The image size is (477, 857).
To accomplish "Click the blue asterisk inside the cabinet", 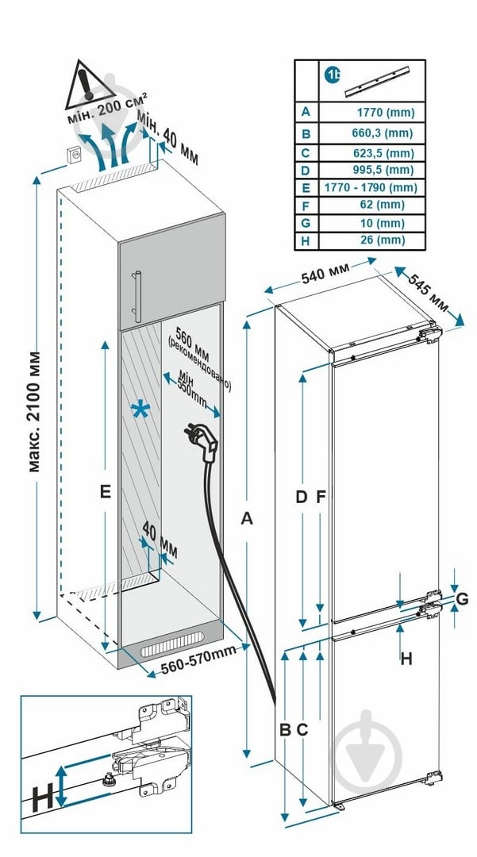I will point(140,411).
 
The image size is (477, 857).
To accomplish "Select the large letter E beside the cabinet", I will point(104,492).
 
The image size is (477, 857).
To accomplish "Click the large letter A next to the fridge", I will point(247,519).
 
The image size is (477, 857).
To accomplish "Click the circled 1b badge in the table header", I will point(333,75).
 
